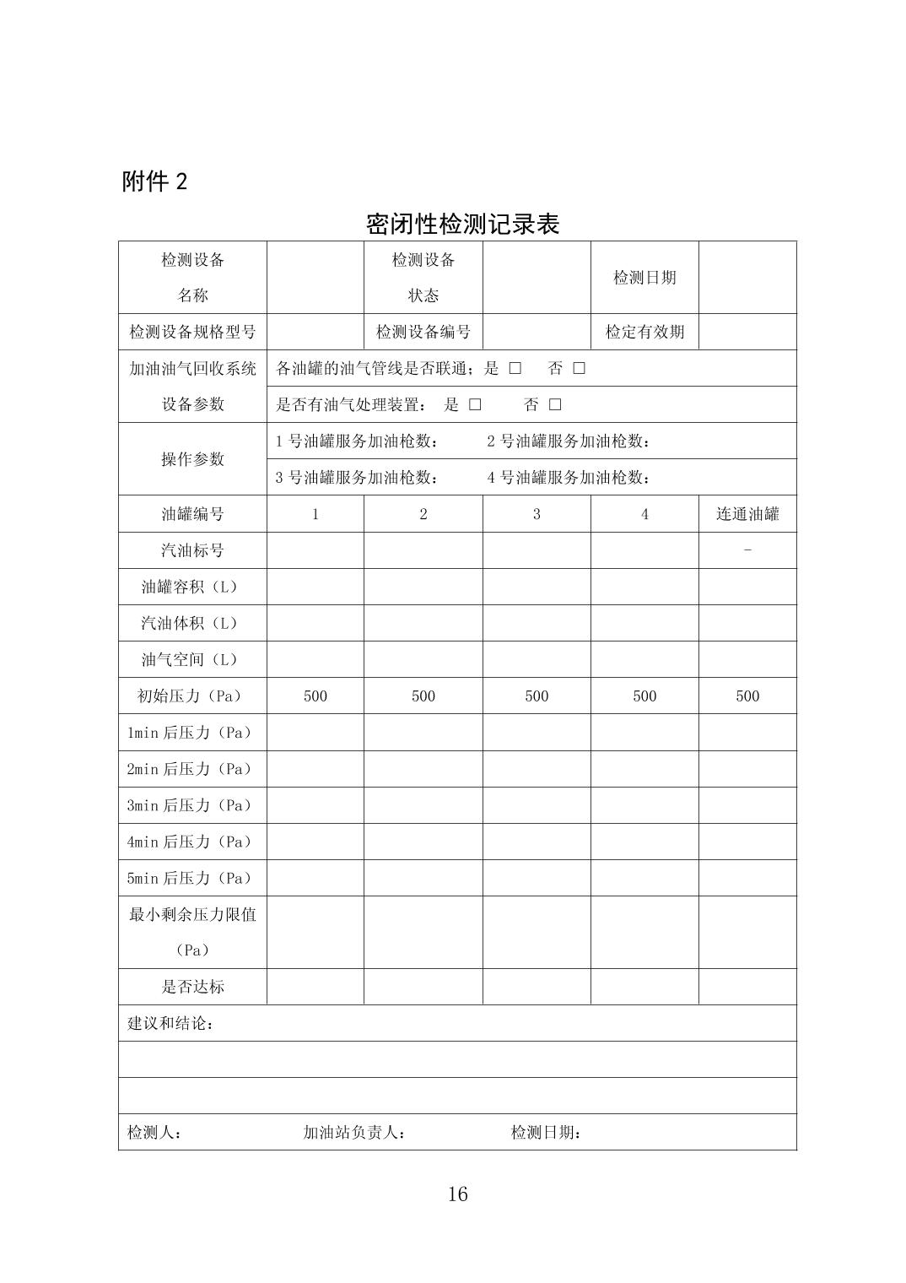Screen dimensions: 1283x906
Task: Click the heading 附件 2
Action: (155, 181)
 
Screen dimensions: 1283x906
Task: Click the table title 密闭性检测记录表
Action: (462, 224)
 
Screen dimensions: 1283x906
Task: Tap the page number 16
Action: (457, 1194)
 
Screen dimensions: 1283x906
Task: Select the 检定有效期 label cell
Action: (644, 332)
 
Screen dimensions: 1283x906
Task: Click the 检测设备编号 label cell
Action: (423, 332)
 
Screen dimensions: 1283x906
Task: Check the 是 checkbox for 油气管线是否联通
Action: (515, 368)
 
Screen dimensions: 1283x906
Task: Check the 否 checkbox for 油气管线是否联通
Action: (579, 368)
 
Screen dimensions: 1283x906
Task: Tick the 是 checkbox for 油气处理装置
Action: (475, 404)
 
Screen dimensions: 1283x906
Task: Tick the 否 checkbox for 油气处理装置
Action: (555, 404)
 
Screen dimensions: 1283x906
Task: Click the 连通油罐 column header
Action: (747, 514)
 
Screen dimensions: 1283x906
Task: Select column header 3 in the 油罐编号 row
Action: (537, 514)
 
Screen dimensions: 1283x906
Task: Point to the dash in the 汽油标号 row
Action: (747, 550)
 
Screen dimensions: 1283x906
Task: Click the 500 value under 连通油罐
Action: (747, 696)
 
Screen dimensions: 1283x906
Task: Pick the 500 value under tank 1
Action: (315, 696)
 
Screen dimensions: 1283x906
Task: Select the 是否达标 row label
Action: (192, 987)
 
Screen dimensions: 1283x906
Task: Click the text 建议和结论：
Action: (170, 1023)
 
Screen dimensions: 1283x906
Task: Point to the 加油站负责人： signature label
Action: (354, 1132)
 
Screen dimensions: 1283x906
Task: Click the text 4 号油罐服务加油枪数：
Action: (569, 478)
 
